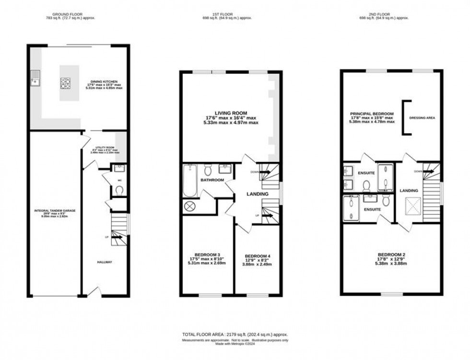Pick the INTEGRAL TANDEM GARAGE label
[x=51, y=210]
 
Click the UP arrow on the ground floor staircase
[x=117, y=237]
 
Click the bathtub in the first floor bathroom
[x=190, y=181]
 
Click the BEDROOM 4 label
[x=257, y=256]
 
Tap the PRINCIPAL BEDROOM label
[x=372, y=114]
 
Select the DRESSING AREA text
[x=422, y=117]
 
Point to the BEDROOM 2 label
[x=392, y=254]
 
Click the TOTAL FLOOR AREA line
[x=235, y=334]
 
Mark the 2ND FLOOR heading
[x=385, y=14]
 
